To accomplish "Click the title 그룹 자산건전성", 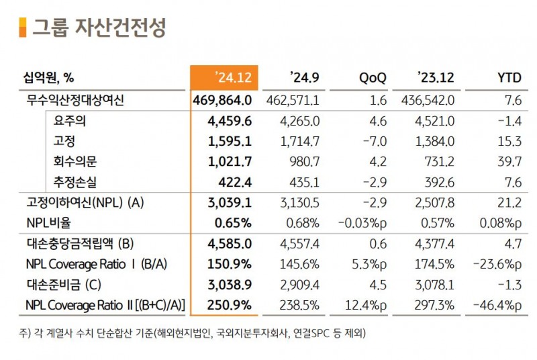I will pyautogui.click(x=100, y=28).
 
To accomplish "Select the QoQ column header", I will pyautogui.click(x=373, y=78).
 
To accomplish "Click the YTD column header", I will pyautogui.click(x=508, y=78).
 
